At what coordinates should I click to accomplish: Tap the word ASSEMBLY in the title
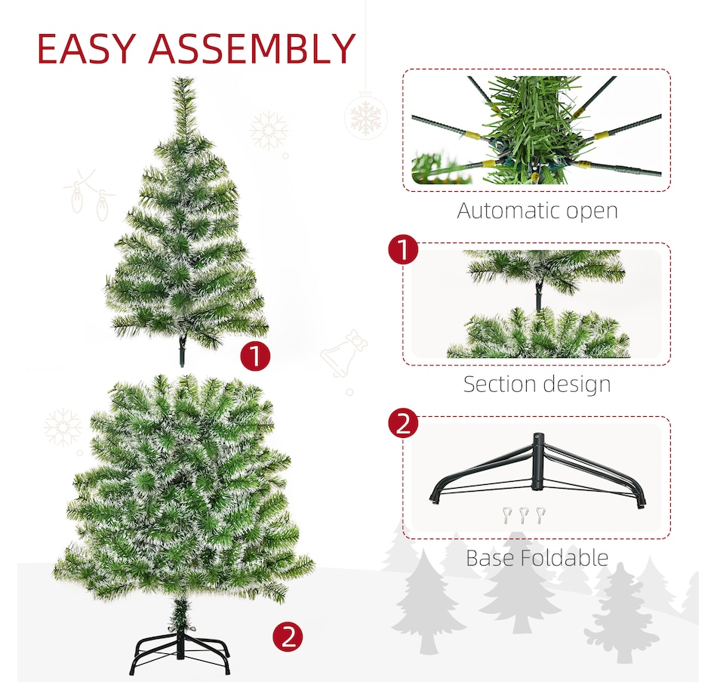click(x=251, y=50)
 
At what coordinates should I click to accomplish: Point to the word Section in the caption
click(x=501, y=384)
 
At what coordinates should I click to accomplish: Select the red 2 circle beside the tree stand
click(x=288, y=637)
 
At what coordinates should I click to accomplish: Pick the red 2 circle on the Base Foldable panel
click(x=403, y=424)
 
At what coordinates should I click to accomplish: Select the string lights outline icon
click(x=90, y=193)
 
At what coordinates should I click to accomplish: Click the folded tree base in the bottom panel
click(x=537, y=472)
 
